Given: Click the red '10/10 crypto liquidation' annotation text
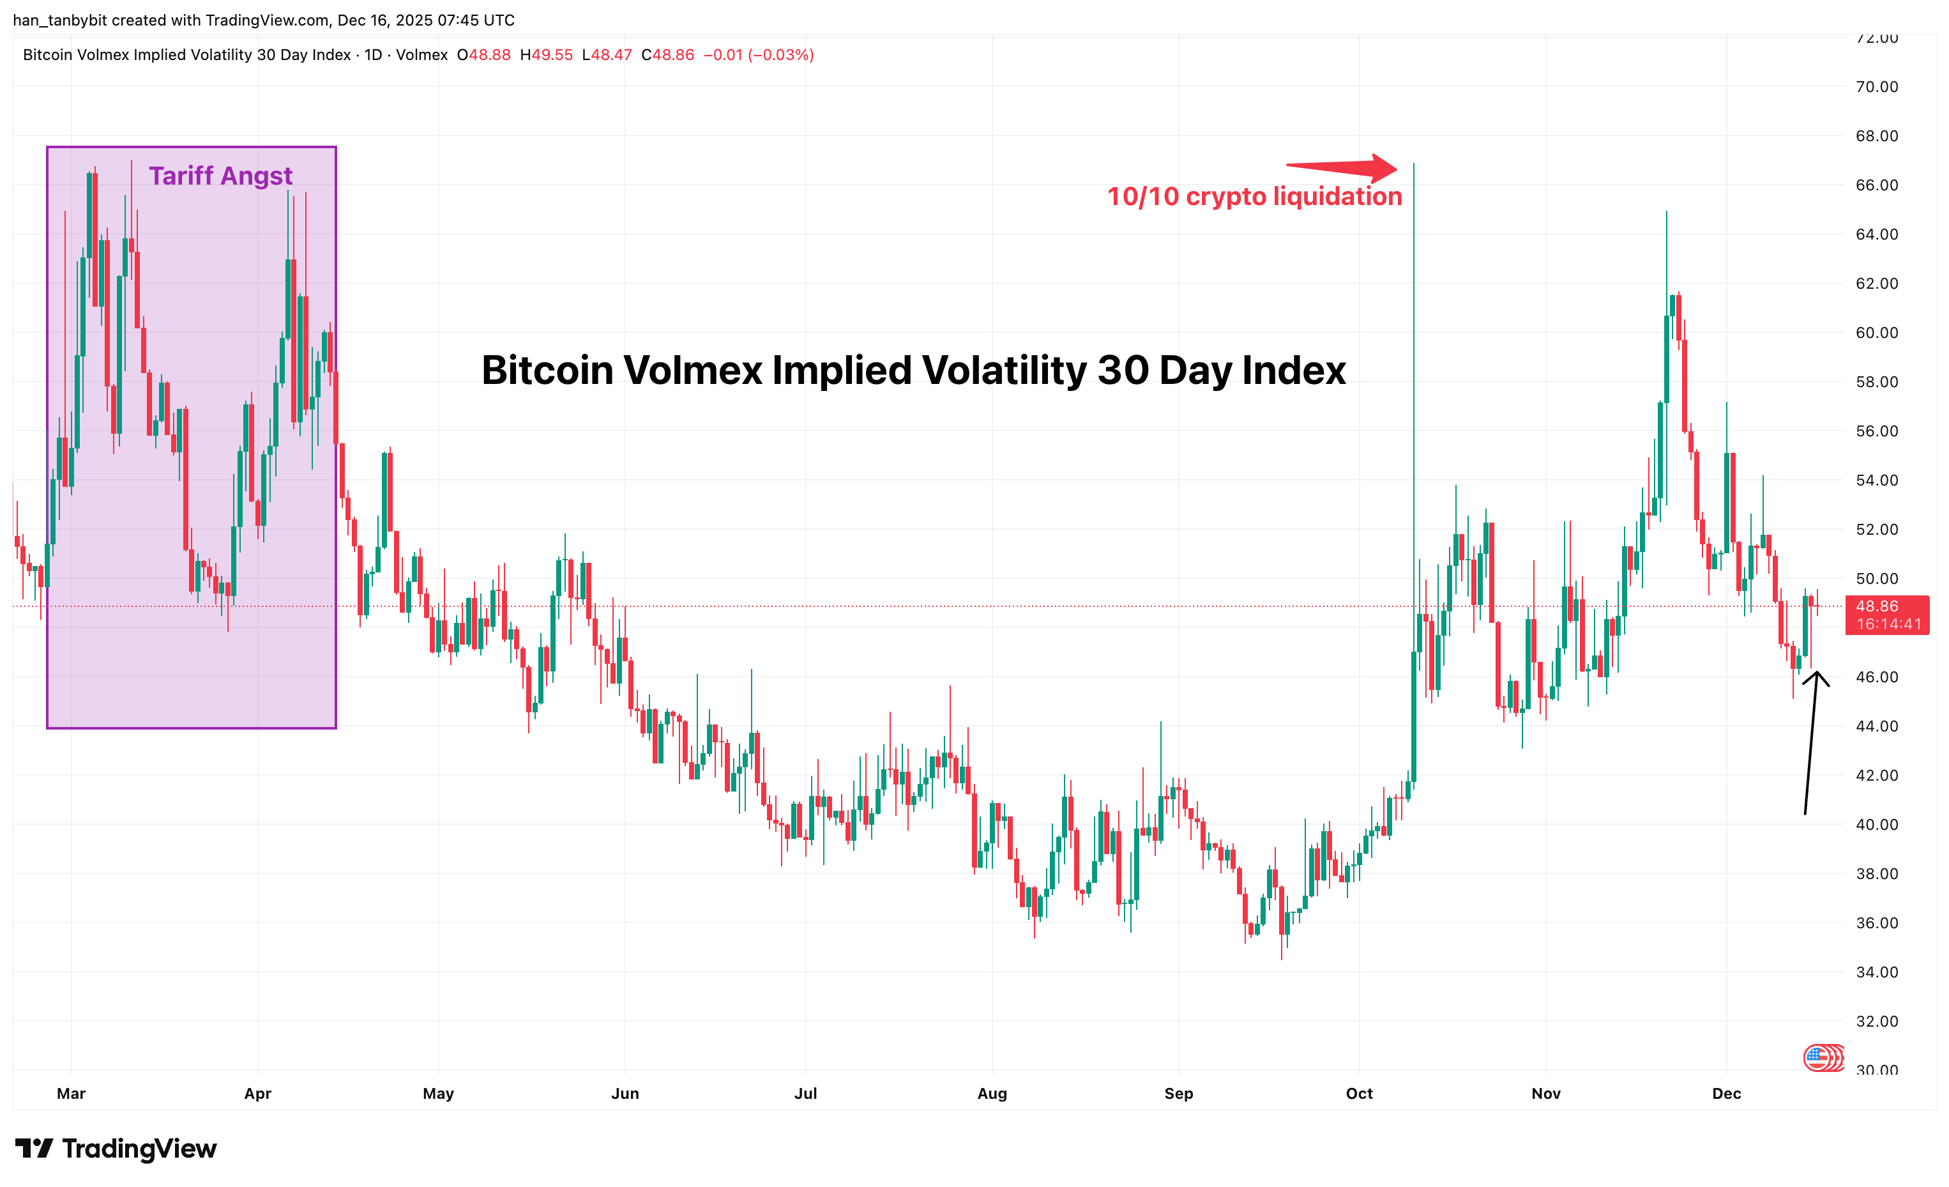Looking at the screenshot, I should [x=1254, y=196].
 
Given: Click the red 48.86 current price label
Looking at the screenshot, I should [x=1886, y=606].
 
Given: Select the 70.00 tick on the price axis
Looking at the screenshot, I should [x=1876, y=86].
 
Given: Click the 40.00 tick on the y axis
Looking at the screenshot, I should [x=1876, y=825].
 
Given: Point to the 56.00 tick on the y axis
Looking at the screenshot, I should [x=1876, y=431].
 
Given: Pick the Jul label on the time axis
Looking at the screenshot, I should [x=805, y=1094].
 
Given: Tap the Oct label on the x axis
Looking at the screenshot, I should [x=1359, y=1094].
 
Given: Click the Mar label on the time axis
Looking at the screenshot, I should [x=71, y=1094].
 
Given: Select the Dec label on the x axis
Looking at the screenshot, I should [x=1726, y=1094].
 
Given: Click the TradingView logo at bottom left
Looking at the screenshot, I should [x=116, y=1148].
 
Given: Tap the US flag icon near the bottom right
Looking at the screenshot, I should [x=1817, y=1057].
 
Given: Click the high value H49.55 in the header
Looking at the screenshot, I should [x=546, y=54].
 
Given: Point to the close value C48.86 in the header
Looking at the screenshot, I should [x=667, y=54].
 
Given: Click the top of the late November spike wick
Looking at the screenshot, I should [x=1667, y=212].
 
